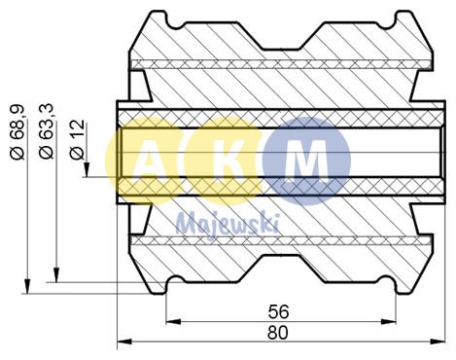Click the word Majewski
[x=227, y=223]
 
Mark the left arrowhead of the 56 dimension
[x=171, y=322]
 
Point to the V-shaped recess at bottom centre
[x=281, y=269]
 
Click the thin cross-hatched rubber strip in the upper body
[x=281, y=65]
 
